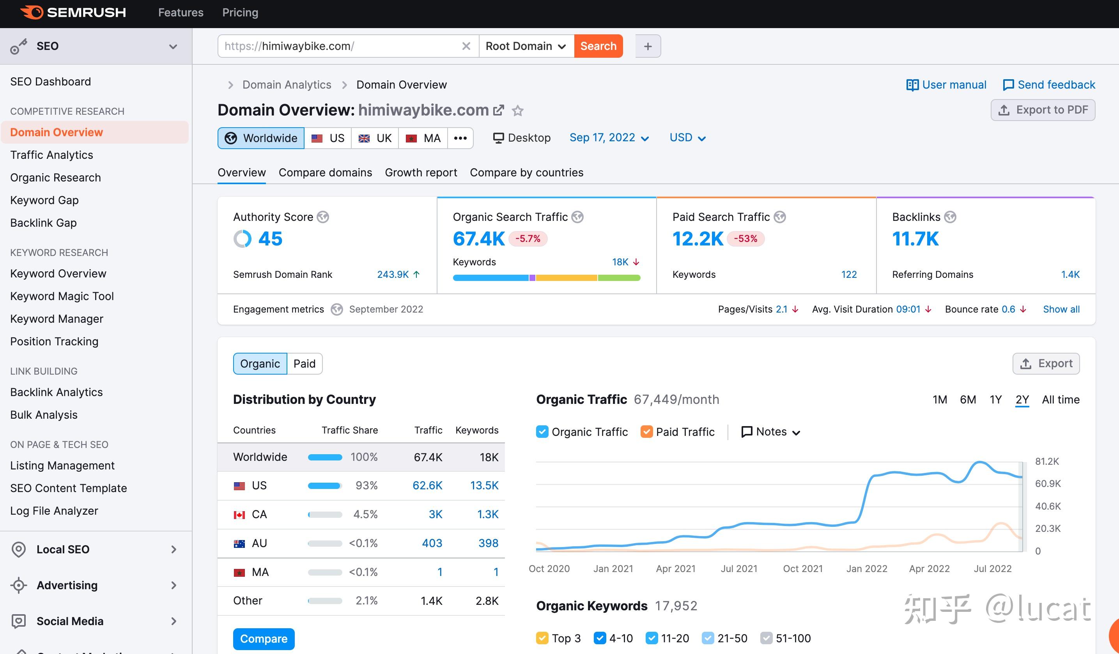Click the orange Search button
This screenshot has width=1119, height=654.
pos(598,46)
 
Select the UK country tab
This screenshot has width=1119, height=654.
pos(375,138)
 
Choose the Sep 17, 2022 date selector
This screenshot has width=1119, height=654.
pos(608,138)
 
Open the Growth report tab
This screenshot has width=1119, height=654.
pos(421,172)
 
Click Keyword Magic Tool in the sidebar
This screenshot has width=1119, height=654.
pos(62,296)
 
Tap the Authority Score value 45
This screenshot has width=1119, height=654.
pos(270,239)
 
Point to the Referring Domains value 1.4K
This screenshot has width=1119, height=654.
pos(1070,275)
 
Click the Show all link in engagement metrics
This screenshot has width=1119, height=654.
pos(1061,309)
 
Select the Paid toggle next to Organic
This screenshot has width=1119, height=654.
pos(304,364)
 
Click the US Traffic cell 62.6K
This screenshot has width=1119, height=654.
pos(427,485)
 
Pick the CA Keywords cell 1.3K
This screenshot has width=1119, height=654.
pos(487,514)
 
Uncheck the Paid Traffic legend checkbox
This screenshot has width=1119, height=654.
pos(646,432)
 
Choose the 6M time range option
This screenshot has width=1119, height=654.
pos(968,400)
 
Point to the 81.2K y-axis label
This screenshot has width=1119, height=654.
pos(1046,462)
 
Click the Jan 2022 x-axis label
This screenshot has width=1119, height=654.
pos(866,569)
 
